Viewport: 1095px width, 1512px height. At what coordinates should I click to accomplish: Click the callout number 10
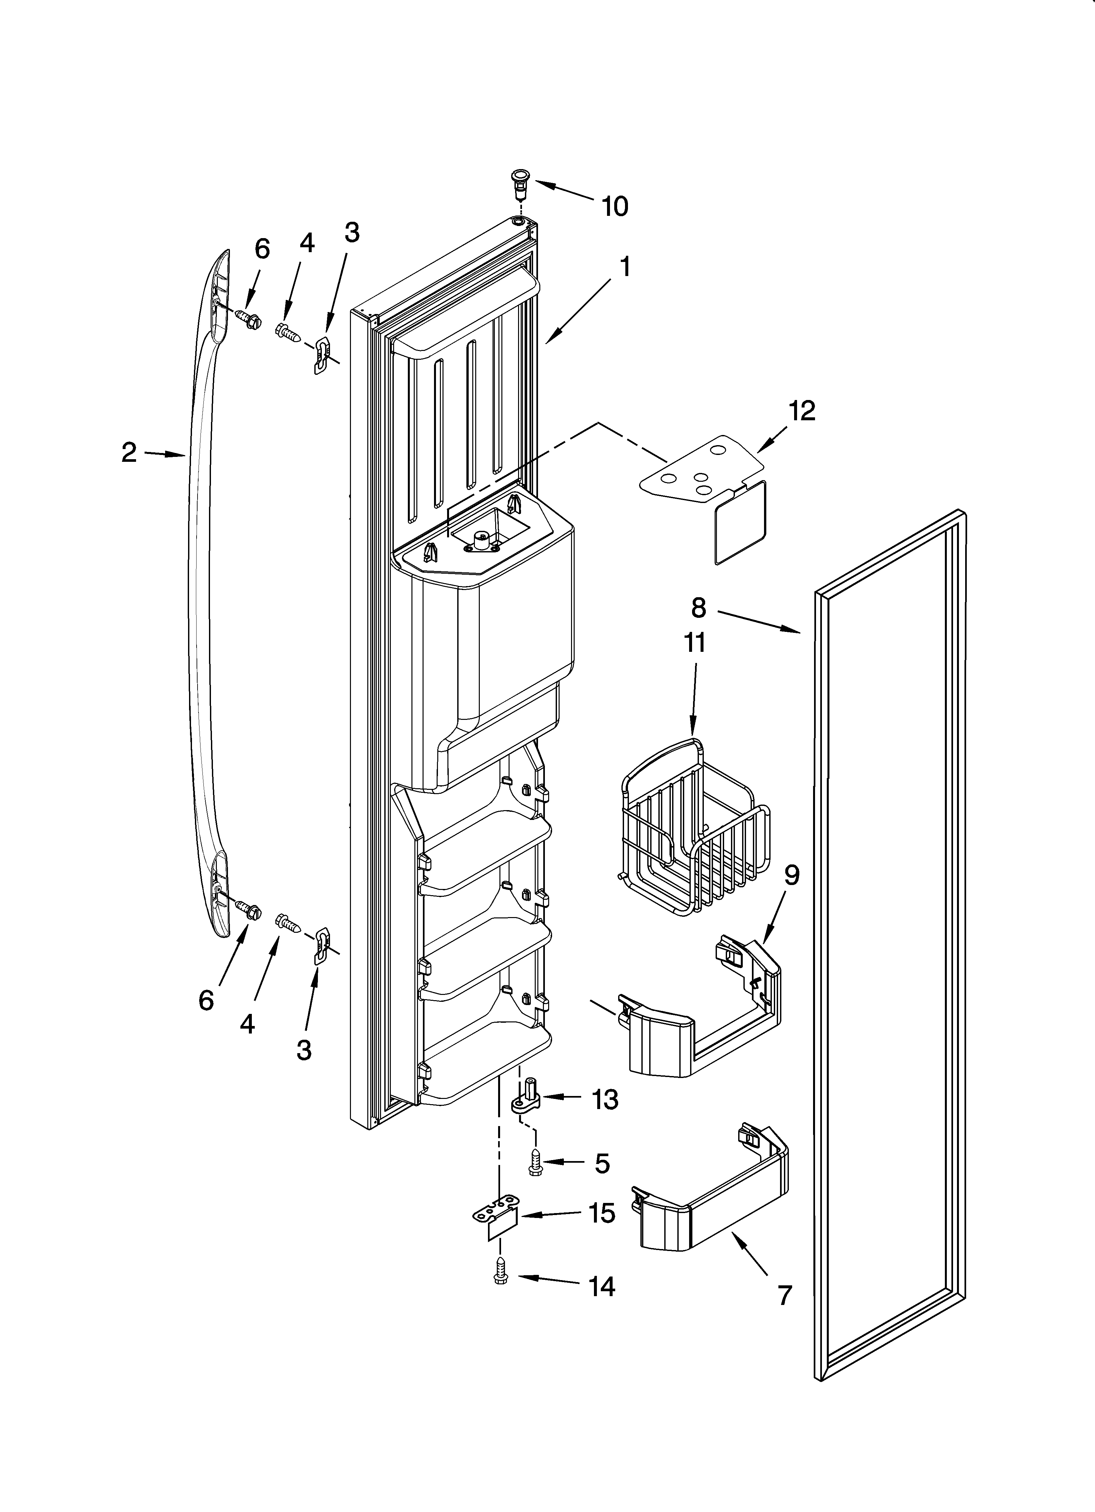click(615, 207)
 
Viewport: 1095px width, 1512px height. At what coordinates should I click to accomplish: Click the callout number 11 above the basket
click(694, 643)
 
